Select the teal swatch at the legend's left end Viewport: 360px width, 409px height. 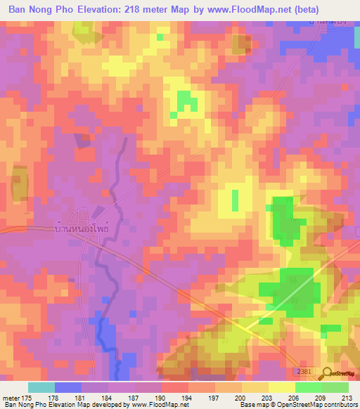pos(41,387)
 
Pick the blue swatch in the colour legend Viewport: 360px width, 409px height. pos(68,387)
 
